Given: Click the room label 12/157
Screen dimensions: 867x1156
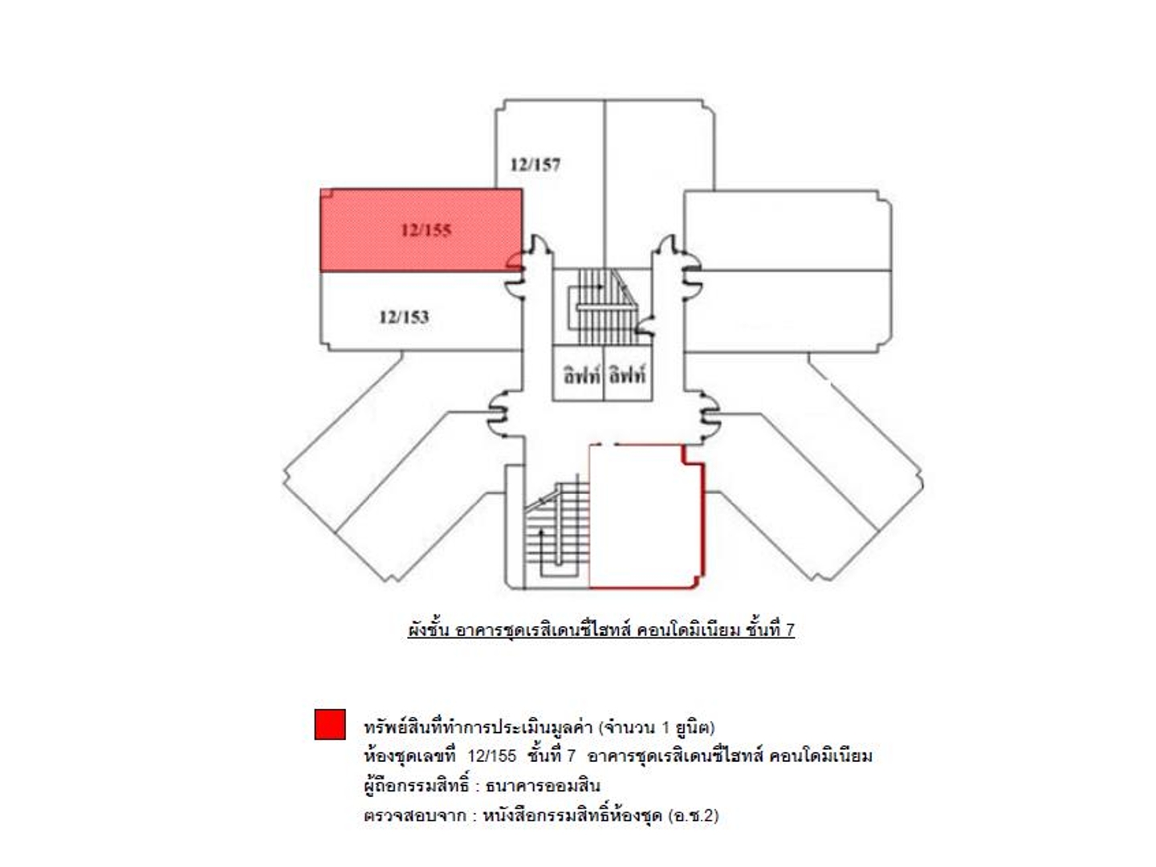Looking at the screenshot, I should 535,165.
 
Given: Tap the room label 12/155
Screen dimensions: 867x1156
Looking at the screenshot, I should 426,230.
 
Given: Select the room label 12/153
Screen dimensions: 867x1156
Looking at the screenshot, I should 404,317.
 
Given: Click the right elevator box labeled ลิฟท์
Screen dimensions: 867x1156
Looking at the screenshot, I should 627,375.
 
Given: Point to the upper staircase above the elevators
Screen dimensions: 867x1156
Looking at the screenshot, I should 602,305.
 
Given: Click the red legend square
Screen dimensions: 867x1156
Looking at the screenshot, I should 330,724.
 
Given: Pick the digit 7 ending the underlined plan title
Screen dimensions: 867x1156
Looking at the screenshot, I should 790,630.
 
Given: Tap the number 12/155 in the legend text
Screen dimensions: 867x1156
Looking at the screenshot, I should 491,756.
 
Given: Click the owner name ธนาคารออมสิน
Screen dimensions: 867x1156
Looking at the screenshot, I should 543,786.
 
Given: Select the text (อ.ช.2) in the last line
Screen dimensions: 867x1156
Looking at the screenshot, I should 693,816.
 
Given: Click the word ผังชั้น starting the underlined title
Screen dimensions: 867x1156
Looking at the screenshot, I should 428,630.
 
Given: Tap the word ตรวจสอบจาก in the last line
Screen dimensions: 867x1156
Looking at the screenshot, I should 414,816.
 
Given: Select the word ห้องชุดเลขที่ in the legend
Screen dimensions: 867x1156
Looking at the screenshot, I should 409,756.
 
